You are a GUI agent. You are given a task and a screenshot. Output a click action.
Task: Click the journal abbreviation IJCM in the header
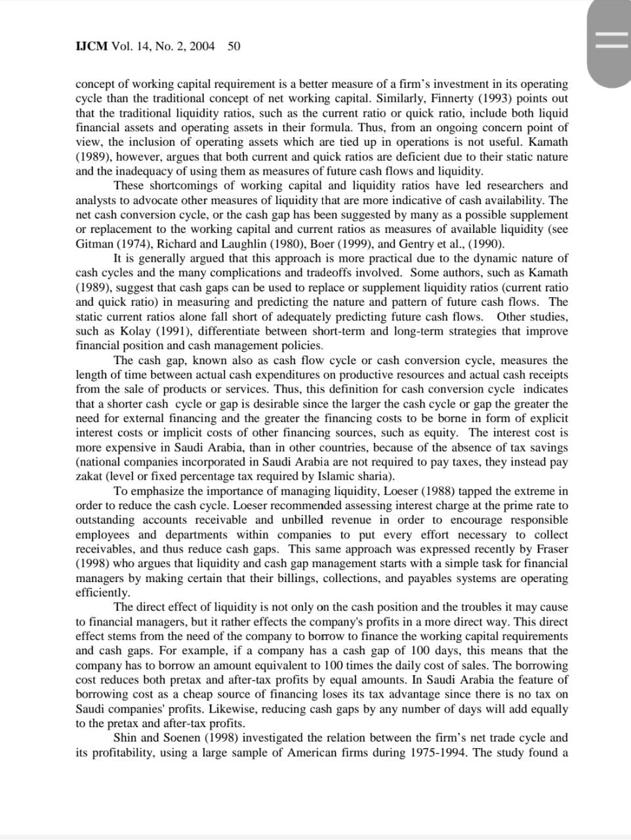point(92,46)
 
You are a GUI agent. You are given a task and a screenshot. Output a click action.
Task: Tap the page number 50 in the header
point(234,46)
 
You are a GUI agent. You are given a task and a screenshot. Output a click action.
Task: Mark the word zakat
point(89,476)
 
